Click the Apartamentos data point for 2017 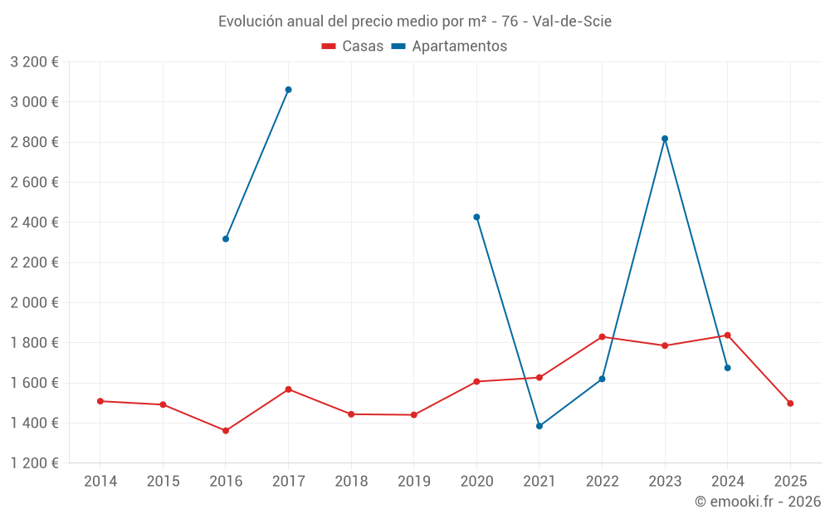[x=288, y=90]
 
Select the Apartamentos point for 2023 [x=665, y=139]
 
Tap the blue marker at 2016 [x=226, y=239]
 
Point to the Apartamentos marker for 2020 [x=476, y=218]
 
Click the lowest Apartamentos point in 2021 [x=539, y=426]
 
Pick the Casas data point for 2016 [x=226, y=431]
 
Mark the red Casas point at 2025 [x=790, y=404]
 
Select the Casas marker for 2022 [x=602, y=337]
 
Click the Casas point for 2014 [x=100, y=401]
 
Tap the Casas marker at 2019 [x=414, y=415]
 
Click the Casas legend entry [x=353, y=47]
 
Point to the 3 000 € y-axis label [x=34, y=102]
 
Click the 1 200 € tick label [x=34, y=463]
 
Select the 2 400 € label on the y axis [x=34, y=223]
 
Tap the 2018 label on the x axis [x=351, y=482]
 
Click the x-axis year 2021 [x=539, y=482]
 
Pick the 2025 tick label [x=790, y=482]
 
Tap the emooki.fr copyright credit [x=758, y=502]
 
